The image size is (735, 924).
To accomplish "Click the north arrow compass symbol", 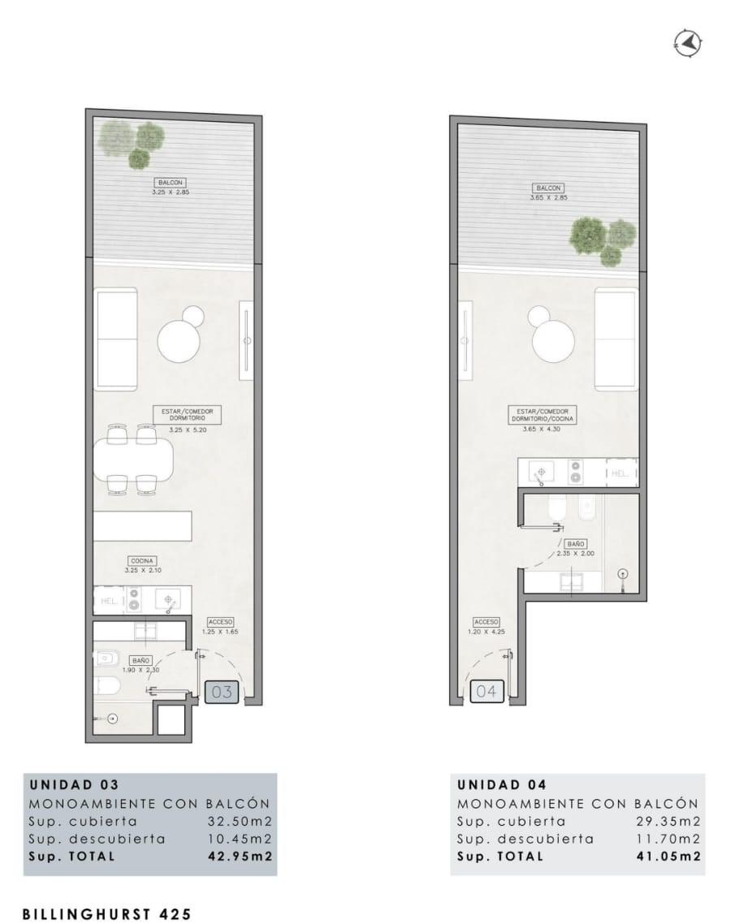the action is [x=688, y=43].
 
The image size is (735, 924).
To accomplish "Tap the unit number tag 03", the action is [x=222, y=691].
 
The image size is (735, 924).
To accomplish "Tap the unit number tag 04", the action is [x=486, y=691].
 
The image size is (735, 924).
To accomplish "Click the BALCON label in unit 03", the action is [x=170, y=183].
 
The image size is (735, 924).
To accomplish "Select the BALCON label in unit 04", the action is [x=548, y=188].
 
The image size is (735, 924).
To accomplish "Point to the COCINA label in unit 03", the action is [x=142, y=561].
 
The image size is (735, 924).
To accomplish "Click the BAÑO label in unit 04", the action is [x=575, y=544].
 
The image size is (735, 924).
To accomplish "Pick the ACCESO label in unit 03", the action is [x=220, y=622].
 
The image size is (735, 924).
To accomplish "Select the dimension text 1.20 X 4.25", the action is [x=486, y=632].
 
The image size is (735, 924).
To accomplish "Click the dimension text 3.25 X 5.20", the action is [x=188, y=430].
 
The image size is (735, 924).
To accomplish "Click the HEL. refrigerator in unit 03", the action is [x=109, y=601].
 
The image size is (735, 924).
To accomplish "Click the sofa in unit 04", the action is [x=616, y=339].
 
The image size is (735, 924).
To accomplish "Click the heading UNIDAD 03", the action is [x=74, y=785].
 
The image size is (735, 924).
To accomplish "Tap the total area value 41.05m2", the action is [x=669, y=857].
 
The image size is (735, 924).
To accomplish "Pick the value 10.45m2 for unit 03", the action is [x=240, y=839].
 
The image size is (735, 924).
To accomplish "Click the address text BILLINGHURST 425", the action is [x=107, y=914].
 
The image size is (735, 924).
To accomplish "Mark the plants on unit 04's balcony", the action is [x=603, y=240].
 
